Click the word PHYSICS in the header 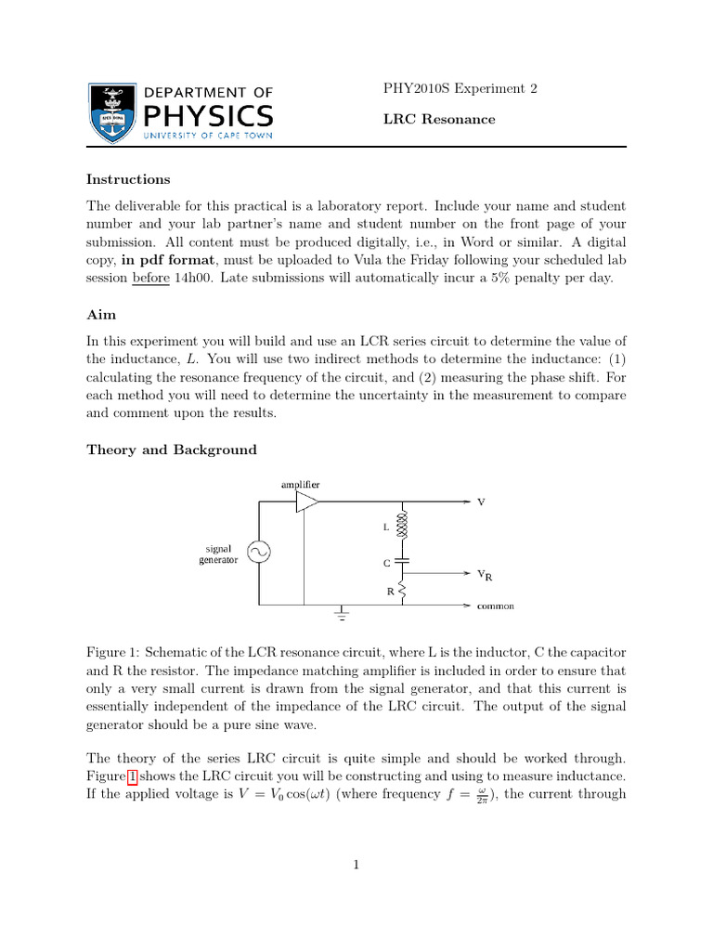coord(208,116)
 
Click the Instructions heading coord(128,179)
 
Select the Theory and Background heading coord(172,449)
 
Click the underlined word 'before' coord(150,280)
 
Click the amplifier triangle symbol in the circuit coord(307,502)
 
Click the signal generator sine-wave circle coord(257,553)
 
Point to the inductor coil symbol coord(403,527)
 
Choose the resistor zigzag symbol coord(403,590)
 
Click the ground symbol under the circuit coord(343,614)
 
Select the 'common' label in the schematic coord(495,606)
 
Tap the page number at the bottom coord(356,866)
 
